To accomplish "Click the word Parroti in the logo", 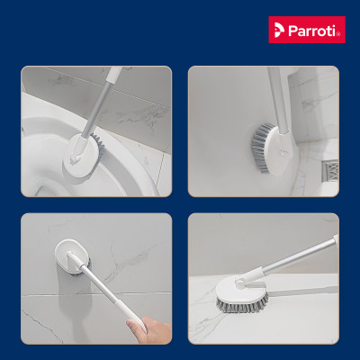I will click(314, 30).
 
